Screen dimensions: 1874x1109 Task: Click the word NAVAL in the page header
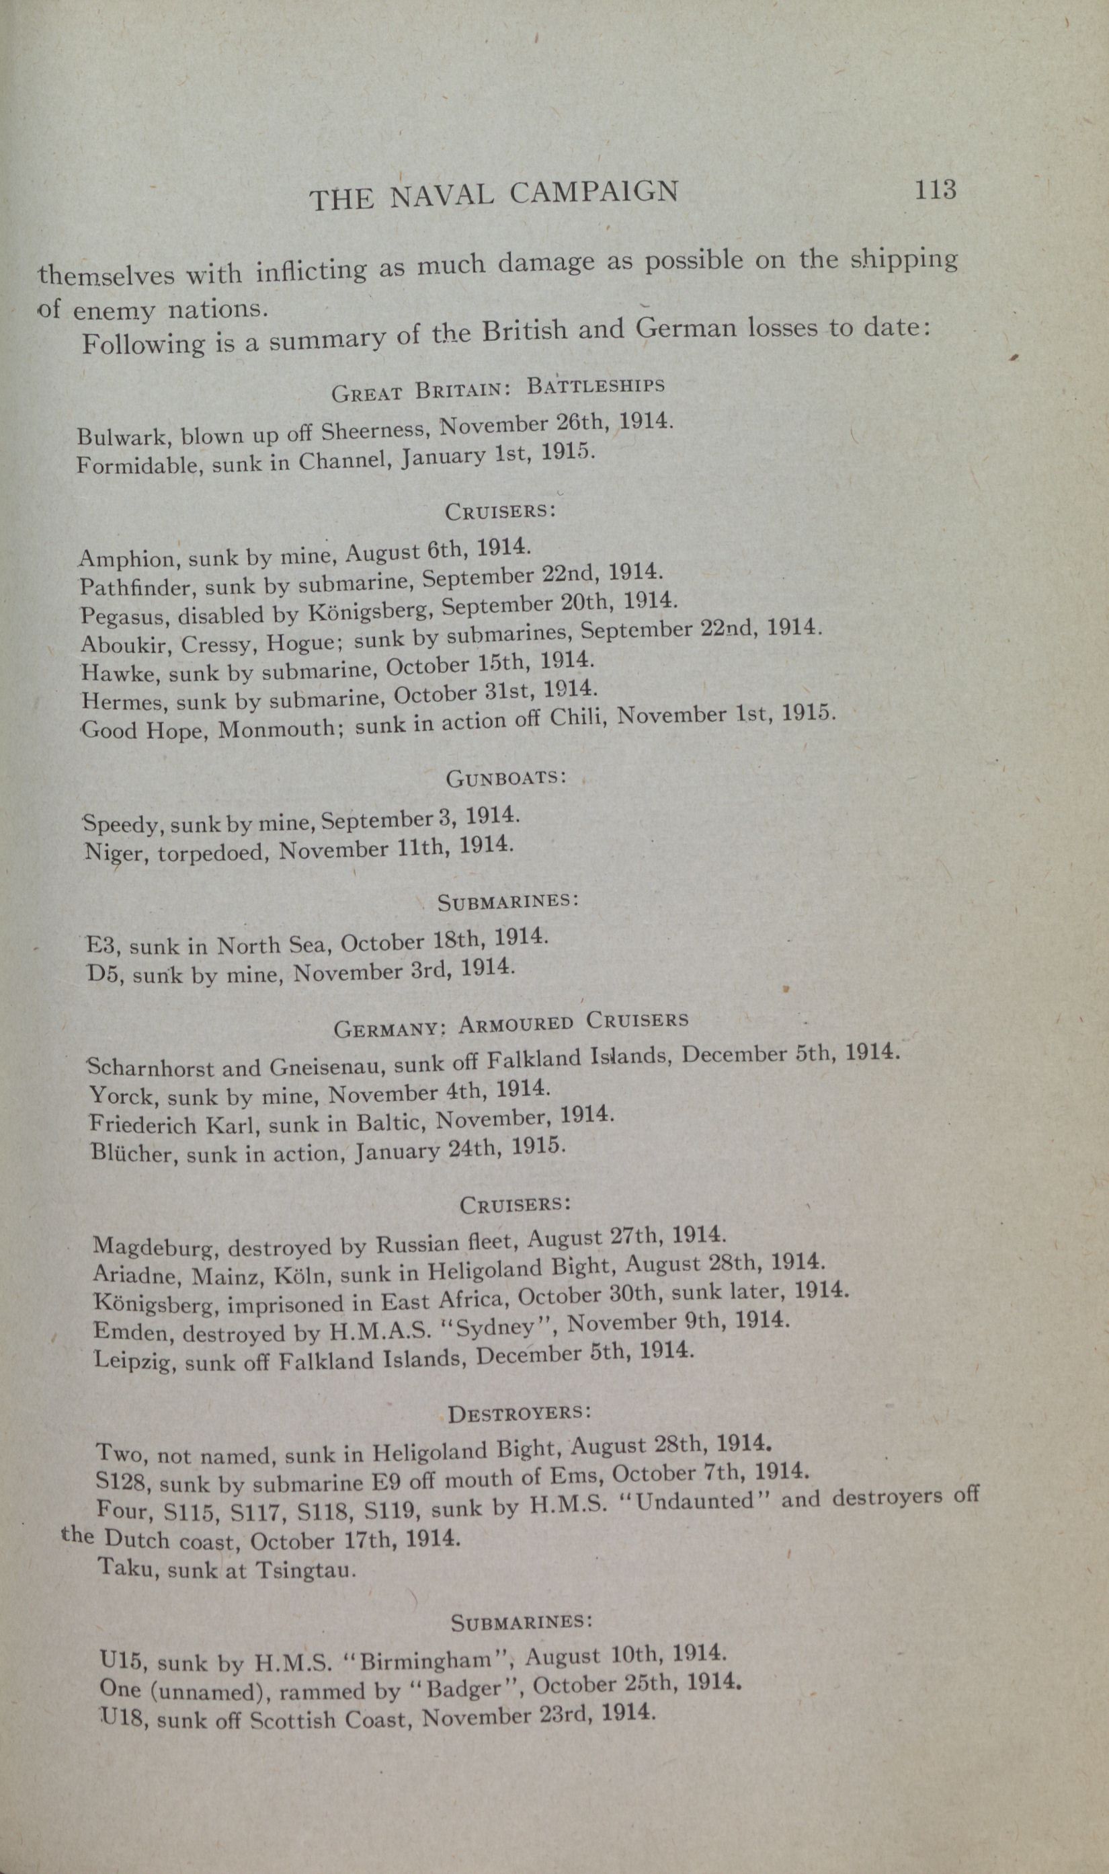click(x=442, y=195)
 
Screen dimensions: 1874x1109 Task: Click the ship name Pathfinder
click(x=135, y=586)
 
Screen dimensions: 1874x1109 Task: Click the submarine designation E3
click(x=101, y=945)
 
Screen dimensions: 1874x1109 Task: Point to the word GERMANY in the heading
click(x=389, y=1029)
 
